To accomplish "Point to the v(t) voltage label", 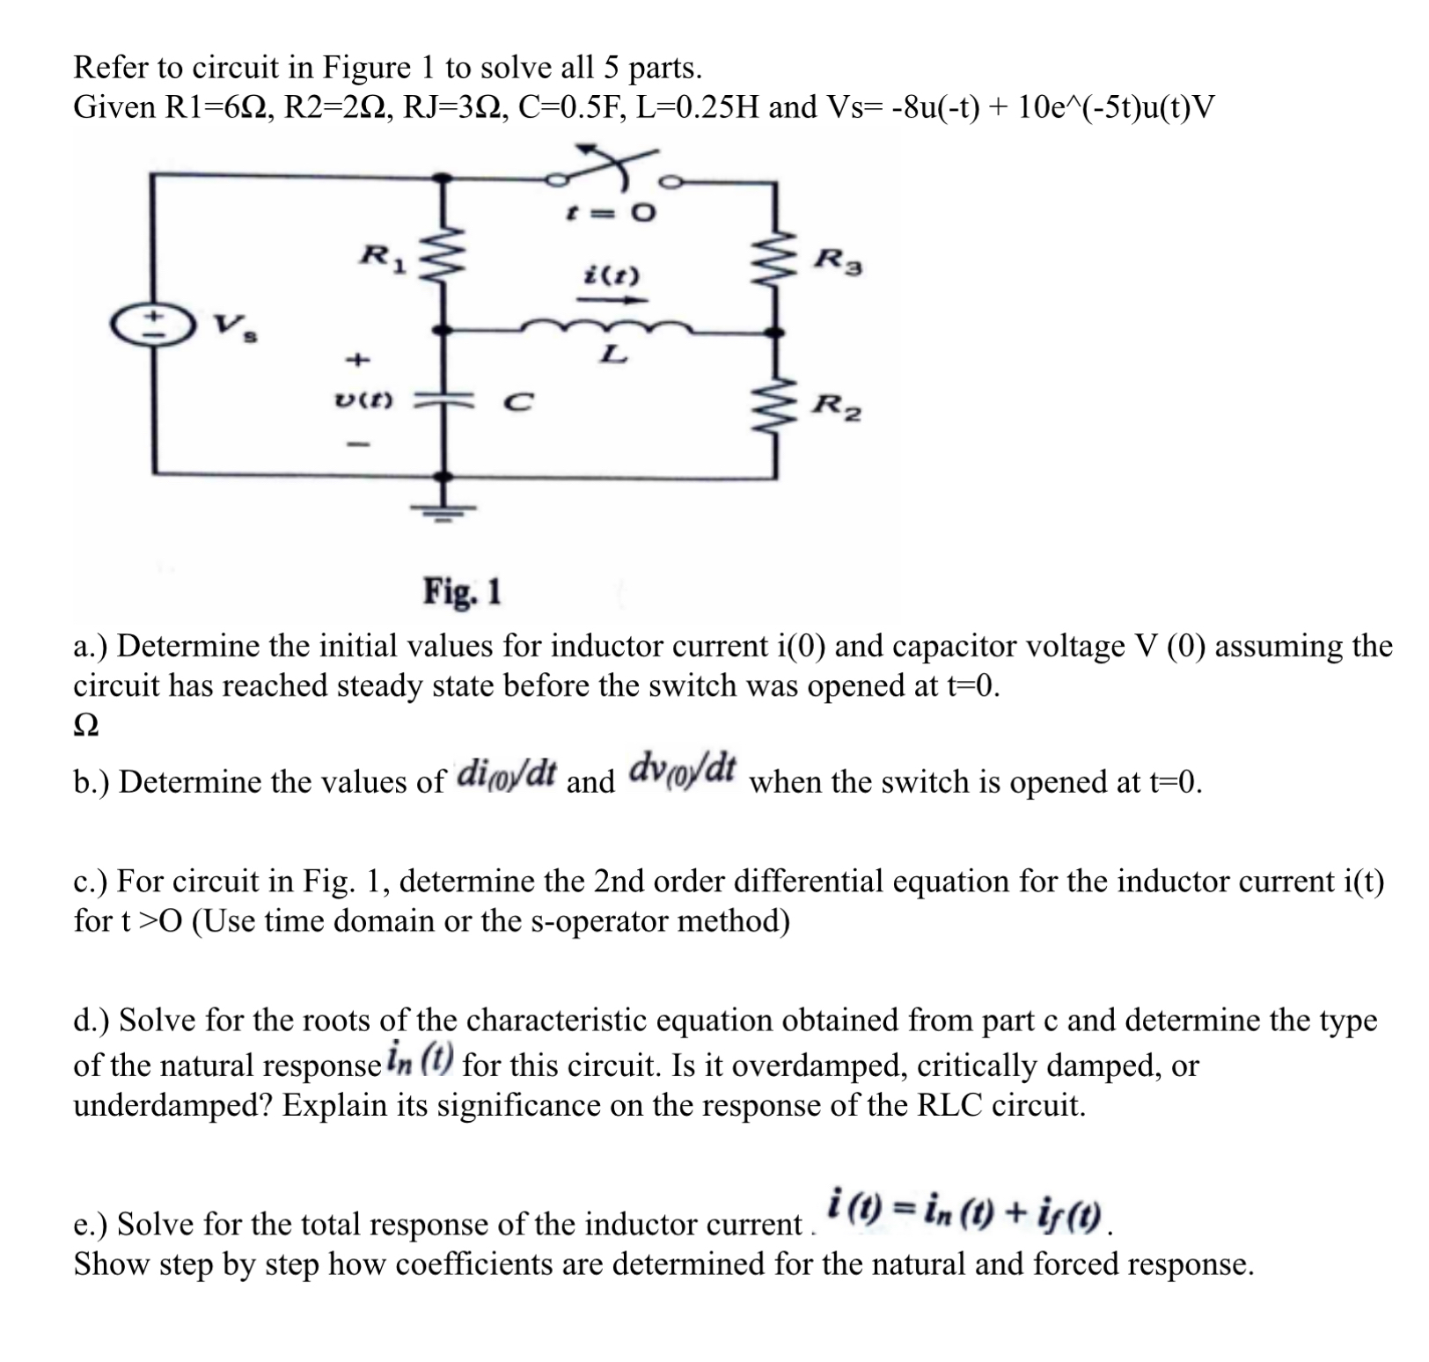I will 363,401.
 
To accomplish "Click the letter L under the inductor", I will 613,355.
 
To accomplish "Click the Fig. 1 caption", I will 462,591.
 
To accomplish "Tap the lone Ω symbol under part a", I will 85,725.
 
